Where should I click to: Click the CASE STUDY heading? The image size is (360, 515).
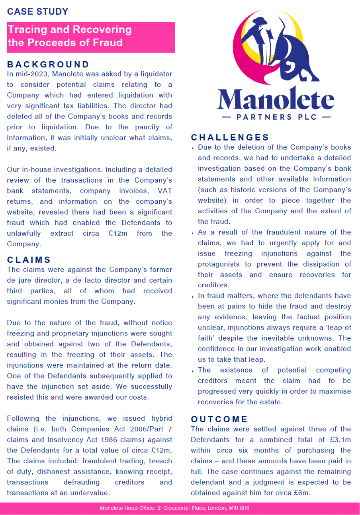pyautogui.click(x=38, y=12)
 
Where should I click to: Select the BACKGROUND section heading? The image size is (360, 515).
pyautogui.click(x=48, y=64)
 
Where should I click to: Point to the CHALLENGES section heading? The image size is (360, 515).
pyautogui.click(x=230, y=138)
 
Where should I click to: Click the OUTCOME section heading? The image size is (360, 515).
pyautogui.click(x=219, y=419)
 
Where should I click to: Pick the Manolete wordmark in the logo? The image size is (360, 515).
pyautogui.click(x=275, y=99)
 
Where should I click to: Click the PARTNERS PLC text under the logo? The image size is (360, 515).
pyautogui.click(x=276, y=117)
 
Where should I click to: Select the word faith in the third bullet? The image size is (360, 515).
pyautogui.click(x=207, y=338)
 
